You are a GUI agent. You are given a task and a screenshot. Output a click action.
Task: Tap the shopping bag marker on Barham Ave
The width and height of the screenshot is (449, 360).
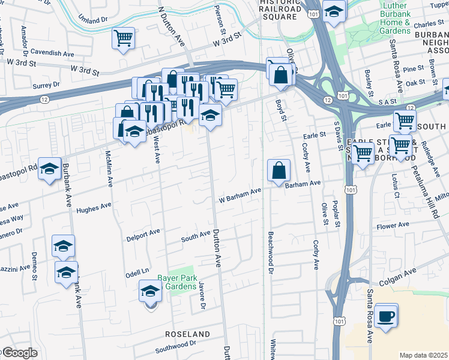click(279, 171)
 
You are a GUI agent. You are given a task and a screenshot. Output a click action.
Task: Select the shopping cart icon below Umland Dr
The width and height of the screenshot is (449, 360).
click(123, 39)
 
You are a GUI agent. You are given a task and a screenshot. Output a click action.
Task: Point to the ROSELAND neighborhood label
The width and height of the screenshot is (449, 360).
click(189, 334)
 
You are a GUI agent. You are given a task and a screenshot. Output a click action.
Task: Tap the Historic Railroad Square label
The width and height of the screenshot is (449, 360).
click(279, 11)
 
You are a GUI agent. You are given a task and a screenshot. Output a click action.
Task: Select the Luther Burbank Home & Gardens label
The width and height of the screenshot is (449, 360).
click(396, 18)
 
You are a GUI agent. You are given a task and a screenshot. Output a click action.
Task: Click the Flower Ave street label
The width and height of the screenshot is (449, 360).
click(393, 226)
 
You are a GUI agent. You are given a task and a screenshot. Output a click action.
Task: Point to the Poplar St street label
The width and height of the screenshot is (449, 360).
click(337, 214)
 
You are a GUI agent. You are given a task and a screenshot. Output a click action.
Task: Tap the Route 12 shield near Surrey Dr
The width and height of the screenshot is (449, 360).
click(44, 99)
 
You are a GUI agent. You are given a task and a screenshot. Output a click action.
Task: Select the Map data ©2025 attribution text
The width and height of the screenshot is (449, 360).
click(424, 355)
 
